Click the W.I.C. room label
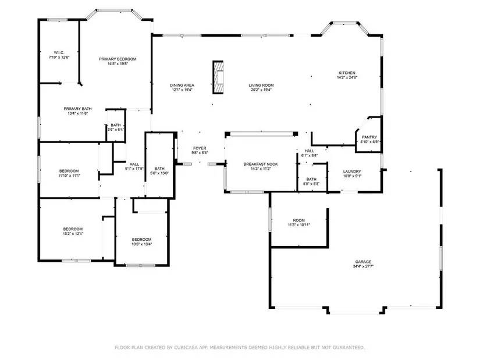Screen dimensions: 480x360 pyautogui.click(x=59, y=53)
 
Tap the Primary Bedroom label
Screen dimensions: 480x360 pyautogui.click(x=118, y=59)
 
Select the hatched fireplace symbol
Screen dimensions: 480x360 pyautogui.click(x=218, y=77)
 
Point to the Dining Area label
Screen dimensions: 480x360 pyautogui.click(x=182, y=85)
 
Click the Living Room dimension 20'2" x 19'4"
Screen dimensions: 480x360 pyautogui.click(x=261, y=90)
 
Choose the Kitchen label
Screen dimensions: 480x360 pyautogui.click(x=347, y=73)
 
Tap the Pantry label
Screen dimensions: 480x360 pyautogui.click(x=369, y=137)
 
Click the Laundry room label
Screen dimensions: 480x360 pyautogui.click(x=352, y=172)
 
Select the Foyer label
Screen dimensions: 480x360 pyautogui.click(x=200, y=148)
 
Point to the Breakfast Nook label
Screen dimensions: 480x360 pyautogui.click(x=261, y=164)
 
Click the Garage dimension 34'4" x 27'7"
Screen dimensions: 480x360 pyautogui.click(x=364, y=266)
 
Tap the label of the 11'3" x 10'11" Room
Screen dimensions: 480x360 pyautogui.click(x=299, y=220)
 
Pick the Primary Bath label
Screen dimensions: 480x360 pyautogui.click(x=77, y=109)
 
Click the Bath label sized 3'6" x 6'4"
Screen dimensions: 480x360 pyautogui.click(x=116, y=125)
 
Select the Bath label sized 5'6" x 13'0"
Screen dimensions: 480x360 pyautogui.click(x=159, y=168)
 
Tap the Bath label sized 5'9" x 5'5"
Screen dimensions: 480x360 pyautogui.click(x=311, y=179)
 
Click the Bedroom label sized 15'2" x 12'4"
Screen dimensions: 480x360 pyautogui.click(x=73, y=229)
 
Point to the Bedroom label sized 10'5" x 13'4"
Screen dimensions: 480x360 pyautogui.click(x=142, y=240)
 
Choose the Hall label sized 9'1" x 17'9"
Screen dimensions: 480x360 pyautogui.click(x=134, y=164)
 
